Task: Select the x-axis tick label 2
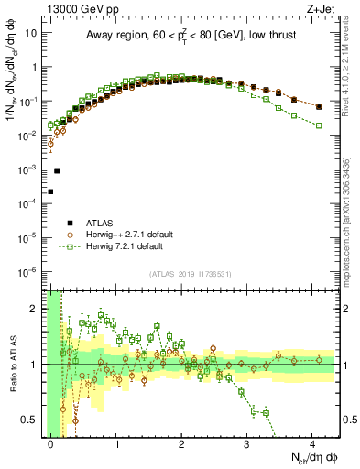[181, 443]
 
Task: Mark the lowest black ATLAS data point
[50, 191]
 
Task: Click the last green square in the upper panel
[319, 125]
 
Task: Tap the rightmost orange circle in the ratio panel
[319, 360]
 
